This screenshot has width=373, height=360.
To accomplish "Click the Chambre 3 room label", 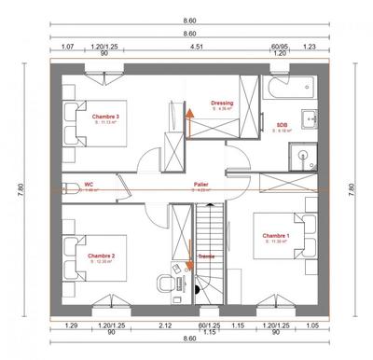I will click(x=105, y=115).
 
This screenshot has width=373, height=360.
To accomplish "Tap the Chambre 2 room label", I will click(x=101, y=255).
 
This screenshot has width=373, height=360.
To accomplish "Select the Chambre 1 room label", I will click(x=275, y=235).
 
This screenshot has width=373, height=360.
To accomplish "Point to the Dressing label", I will click(x=222, y=104).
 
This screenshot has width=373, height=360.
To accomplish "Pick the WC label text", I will click(x=90, y=185).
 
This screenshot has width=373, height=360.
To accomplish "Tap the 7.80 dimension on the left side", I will click(x=20, y=187).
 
